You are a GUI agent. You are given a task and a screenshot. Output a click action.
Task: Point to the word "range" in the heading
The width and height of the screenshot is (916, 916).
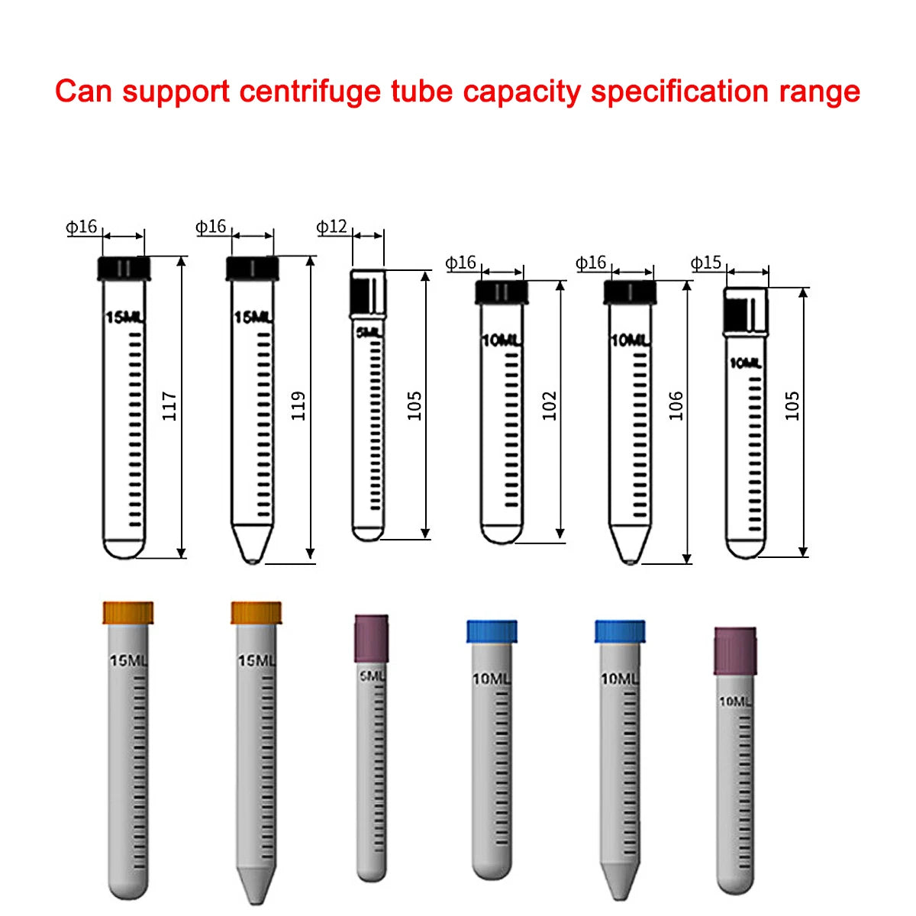click(820, 92)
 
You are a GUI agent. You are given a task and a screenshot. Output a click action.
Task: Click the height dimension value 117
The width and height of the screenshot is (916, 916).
click(169, 406)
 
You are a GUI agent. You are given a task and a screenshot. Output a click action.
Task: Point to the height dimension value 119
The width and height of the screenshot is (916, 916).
click(298, 406)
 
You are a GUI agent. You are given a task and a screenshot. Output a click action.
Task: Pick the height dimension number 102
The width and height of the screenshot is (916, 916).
click(550, 406)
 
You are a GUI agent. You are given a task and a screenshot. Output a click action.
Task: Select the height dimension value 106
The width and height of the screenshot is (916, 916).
click(676, 406)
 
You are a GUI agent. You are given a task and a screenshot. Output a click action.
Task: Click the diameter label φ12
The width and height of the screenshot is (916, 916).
click(332, 227)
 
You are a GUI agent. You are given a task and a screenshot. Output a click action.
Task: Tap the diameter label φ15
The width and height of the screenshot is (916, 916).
click(706, 263)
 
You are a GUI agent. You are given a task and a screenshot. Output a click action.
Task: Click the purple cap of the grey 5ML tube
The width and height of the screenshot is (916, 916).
click(371, 638)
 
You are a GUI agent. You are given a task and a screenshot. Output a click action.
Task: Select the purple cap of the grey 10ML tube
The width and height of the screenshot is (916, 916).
click(735, 650)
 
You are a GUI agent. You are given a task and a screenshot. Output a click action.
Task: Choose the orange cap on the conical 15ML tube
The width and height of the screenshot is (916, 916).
click(256, 612)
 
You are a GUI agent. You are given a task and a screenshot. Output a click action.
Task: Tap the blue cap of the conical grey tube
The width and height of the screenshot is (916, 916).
click(620, 631)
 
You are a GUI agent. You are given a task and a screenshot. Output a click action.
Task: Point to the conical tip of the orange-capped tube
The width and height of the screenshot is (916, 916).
click(256, 885)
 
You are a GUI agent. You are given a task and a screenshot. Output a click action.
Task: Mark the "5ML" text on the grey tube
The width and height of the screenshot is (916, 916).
click(372, 676)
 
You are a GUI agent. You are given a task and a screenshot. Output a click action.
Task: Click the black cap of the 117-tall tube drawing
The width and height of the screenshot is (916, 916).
click(124, 269)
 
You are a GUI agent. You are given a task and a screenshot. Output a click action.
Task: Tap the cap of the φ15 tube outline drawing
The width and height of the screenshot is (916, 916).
click(746, 311)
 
